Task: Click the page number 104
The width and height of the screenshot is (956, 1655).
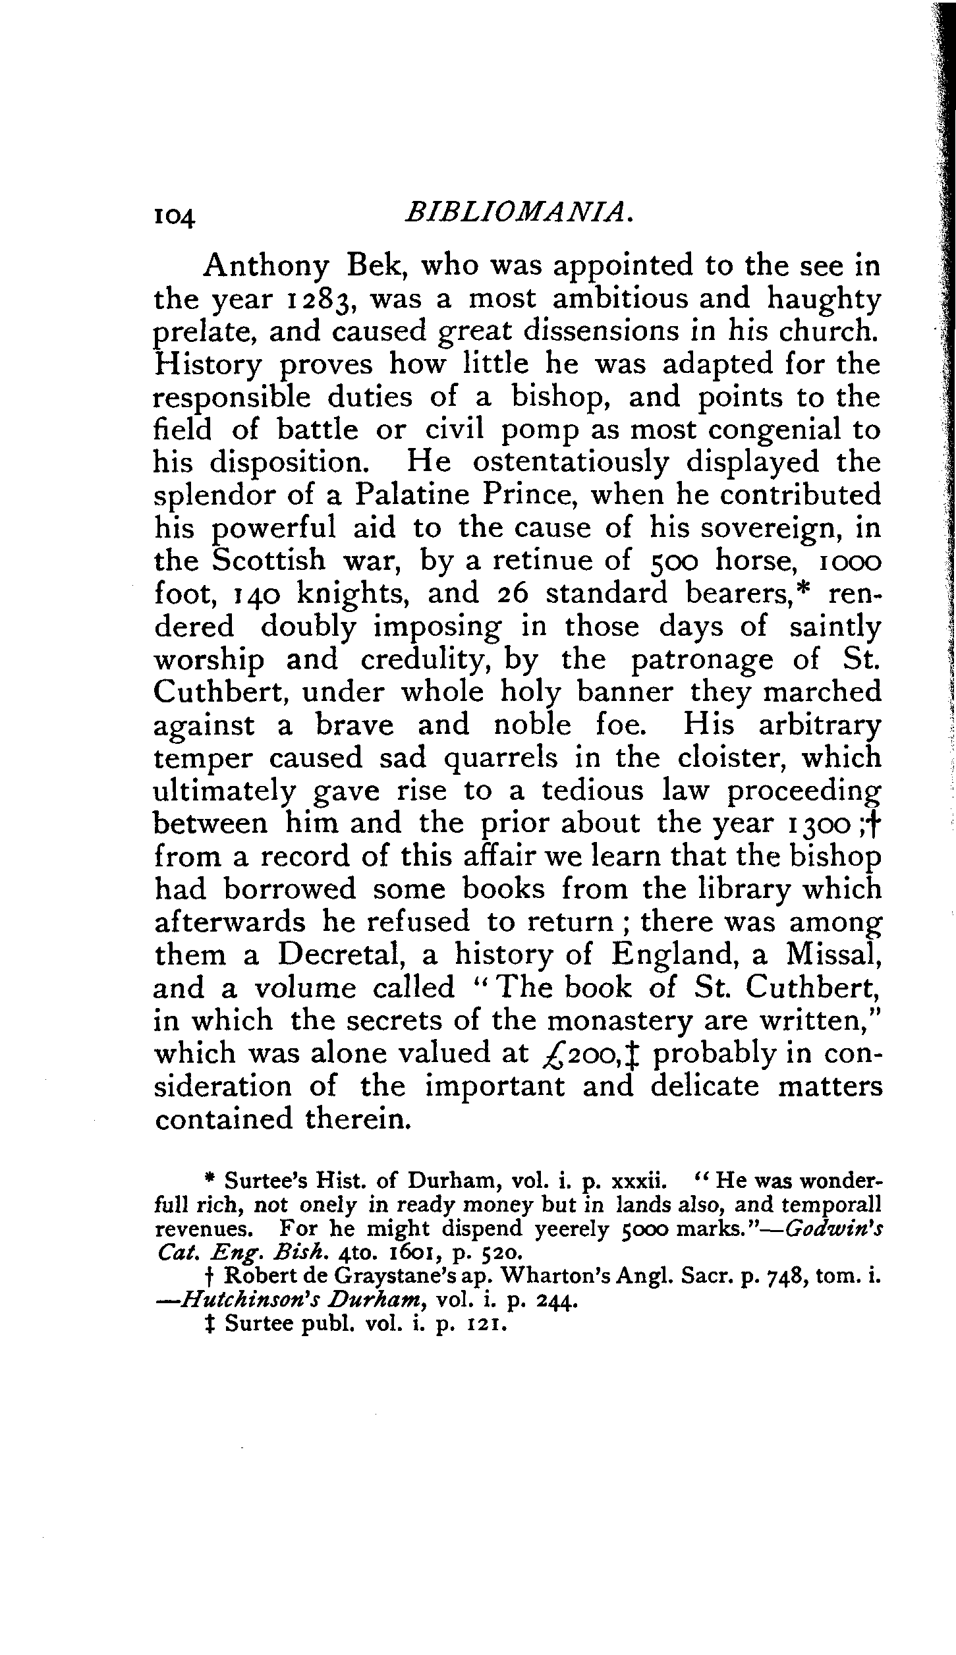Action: point(174,216)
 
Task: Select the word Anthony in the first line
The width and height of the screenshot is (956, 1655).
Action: point(266,267)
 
